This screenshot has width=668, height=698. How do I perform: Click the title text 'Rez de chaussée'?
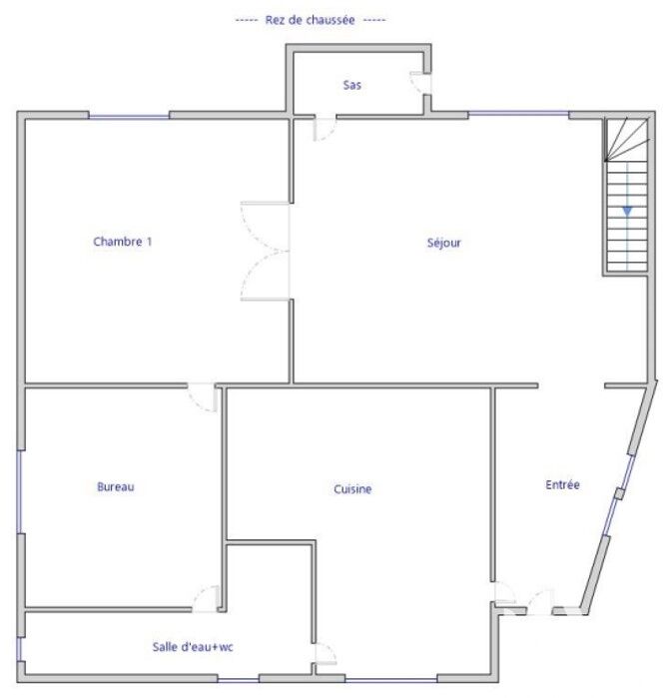coord(310,20)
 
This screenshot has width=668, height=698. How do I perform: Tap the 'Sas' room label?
coord(352,85)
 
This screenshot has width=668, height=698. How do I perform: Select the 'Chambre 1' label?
coord(123,242)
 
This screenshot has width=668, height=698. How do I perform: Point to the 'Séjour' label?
coord(443,243)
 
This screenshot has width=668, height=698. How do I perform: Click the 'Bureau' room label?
coord(116,487)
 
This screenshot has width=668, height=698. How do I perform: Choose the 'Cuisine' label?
coord(352,489)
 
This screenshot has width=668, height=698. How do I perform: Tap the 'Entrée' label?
coord(562,484)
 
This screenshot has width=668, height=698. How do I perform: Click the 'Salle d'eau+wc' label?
coord(193,647)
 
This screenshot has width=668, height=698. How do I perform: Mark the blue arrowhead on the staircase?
coord(627,212)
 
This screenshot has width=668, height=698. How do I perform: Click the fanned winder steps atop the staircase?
coord(626,139)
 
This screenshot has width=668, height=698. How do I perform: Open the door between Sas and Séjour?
coord(325,128)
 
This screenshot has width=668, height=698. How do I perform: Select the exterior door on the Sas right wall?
coord(420,83)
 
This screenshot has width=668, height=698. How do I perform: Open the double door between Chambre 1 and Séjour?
coord(266,251)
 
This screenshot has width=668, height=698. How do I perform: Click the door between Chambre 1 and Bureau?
coord(203,397)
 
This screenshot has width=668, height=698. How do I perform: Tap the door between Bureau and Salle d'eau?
coord(206,599)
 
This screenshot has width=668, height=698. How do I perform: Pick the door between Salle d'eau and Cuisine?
coord(326,653)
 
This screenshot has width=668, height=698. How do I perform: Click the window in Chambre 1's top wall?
coord(129,117)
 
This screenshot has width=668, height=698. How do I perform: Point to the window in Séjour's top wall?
coord(518,114)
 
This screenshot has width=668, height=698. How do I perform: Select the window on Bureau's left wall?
coord(20,492)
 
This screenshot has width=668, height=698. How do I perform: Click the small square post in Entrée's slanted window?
coord(619,493)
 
